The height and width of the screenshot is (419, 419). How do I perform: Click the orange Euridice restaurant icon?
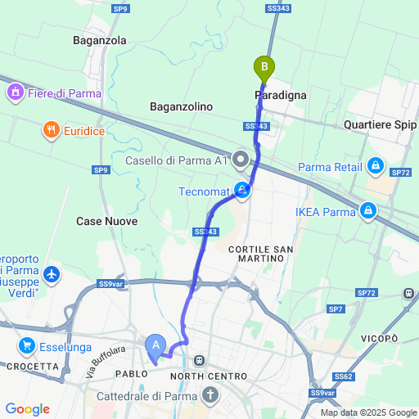51,129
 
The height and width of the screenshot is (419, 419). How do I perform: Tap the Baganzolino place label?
181,106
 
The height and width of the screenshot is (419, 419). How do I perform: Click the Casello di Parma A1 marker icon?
241,158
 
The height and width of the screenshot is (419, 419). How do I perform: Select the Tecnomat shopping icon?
243,191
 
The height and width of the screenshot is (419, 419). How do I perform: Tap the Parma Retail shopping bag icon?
376,166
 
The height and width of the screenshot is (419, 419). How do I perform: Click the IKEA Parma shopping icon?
369,212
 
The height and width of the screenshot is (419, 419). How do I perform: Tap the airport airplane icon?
54,273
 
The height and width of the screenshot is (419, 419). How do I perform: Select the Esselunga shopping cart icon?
28,345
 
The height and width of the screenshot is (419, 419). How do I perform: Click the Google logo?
27,409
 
